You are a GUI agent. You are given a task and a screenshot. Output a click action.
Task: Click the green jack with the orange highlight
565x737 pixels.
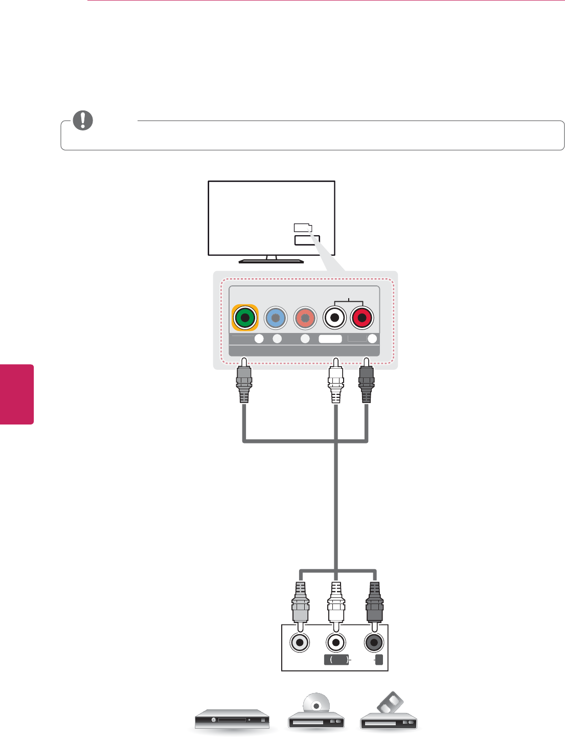(245, 318)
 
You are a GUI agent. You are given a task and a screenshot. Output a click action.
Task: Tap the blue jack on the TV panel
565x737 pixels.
(276, 318)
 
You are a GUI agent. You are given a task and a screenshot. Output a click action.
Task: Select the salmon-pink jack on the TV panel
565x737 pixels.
(305, 318)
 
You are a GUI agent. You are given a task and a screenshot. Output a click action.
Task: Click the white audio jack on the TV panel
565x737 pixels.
(334, 318)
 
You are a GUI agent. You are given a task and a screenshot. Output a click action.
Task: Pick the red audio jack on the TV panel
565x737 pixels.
(362, 318)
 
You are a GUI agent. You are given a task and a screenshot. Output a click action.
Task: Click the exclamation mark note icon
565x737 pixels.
(83, 120)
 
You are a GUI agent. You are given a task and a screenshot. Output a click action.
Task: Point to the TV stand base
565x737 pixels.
(271, 260)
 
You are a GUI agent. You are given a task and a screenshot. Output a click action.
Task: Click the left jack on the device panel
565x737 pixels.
(300, 642)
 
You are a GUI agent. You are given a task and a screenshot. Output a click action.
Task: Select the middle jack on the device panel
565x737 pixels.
(335, 642)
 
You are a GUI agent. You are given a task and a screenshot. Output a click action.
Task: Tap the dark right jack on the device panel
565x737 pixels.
(374, 642)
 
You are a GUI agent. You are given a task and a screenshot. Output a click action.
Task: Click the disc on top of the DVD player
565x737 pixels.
(316, 704)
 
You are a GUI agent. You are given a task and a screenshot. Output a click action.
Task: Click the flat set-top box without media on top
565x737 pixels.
(232, 719)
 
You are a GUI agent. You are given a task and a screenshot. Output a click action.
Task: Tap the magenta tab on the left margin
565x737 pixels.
(16, 394)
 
